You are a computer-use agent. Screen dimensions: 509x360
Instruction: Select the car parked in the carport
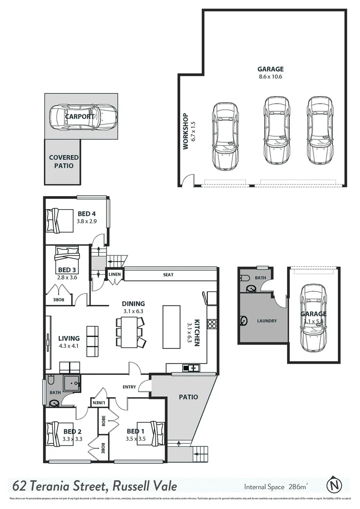82,116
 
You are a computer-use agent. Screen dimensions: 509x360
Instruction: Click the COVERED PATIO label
64,161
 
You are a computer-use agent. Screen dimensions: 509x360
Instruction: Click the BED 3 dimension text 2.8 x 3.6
66,277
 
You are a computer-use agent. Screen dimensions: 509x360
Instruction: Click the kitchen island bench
172,327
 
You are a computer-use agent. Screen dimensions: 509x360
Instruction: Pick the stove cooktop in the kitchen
212,324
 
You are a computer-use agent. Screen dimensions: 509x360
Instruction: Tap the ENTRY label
129,387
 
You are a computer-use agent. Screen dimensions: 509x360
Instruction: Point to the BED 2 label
73,431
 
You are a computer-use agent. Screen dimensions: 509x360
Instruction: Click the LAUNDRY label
267,321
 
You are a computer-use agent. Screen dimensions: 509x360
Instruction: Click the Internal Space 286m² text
276,486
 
